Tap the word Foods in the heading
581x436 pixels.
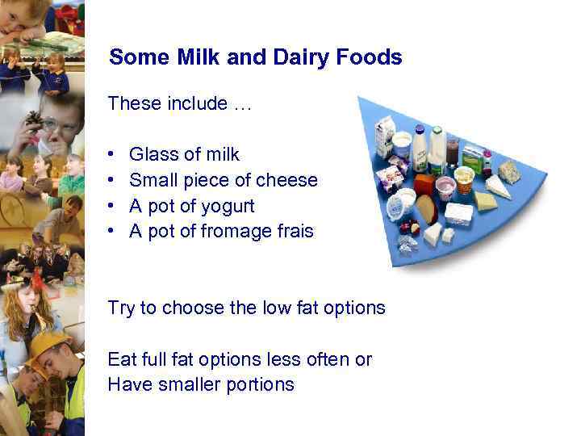[372, 57]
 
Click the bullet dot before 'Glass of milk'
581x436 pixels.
[111, 155]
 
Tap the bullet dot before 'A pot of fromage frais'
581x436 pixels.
[111, 233]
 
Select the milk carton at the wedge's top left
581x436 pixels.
[385, 133]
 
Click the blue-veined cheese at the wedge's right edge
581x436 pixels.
[508, 170]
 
